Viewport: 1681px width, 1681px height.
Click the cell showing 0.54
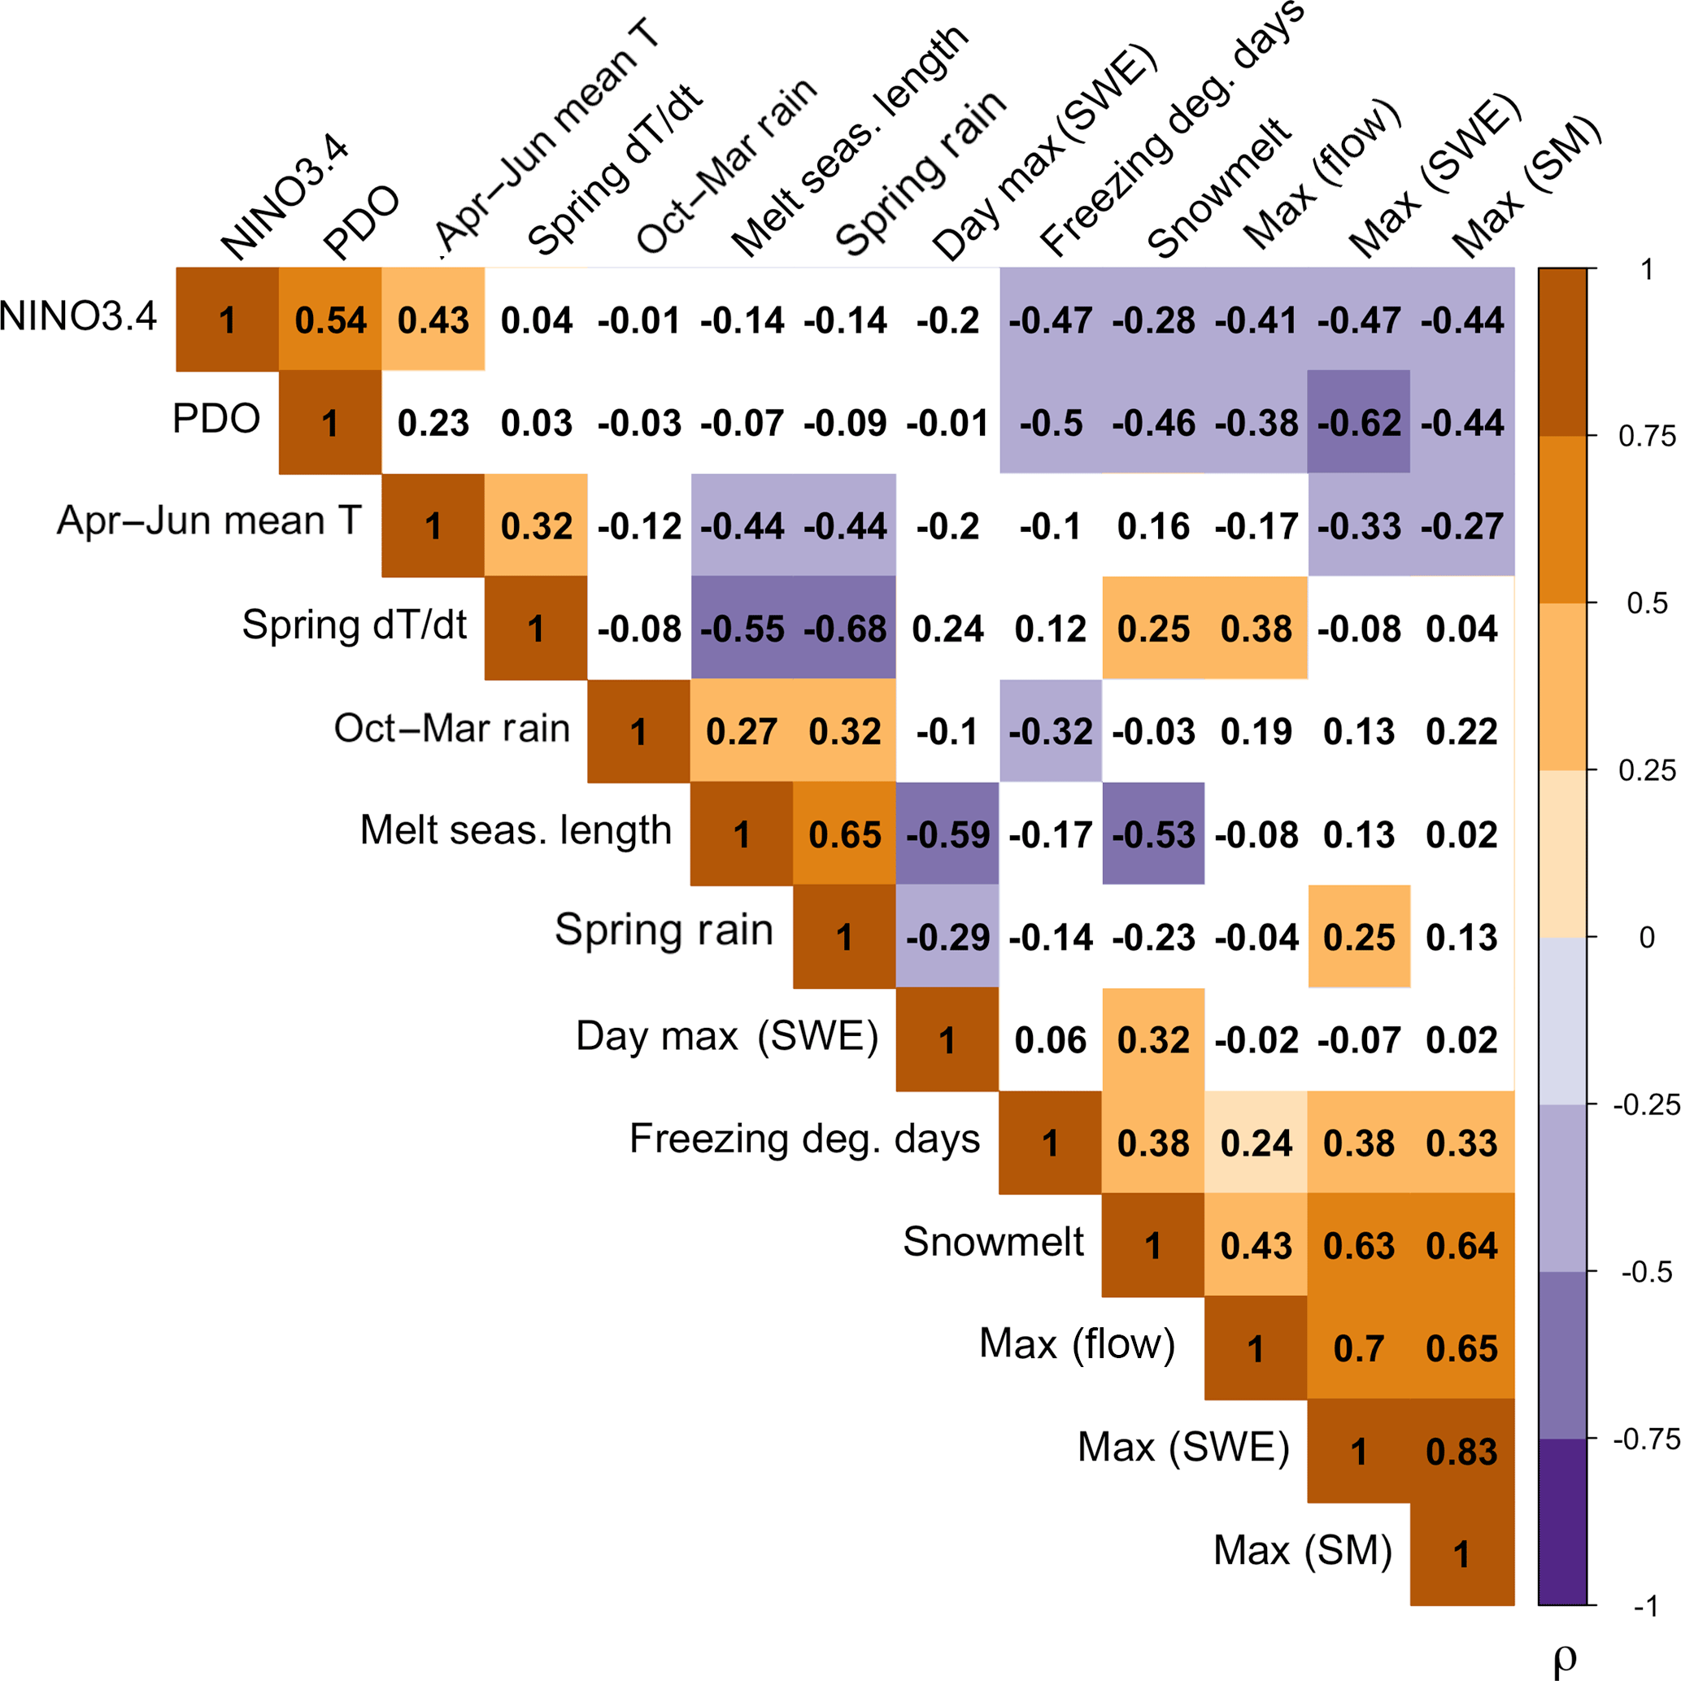pos(331,320)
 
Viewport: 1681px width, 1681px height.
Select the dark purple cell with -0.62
pos(1359,423)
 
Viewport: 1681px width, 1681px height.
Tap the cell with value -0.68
pos(845,628)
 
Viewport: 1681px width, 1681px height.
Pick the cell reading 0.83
pos(1461,1452)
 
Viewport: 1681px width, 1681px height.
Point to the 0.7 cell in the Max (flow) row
pos(1359,1348)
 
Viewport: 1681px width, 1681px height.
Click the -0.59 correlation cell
pos(947,834)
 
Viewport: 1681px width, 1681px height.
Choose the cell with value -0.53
pos(1154,834)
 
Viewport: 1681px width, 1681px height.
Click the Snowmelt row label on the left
pos(993,1242)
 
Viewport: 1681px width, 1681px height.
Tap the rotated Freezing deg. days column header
pos(1170,130)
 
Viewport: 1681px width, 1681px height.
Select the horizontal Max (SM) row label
pos(1303,1549)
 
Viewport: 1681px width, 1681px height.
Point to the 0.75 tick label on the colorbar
pos(1646,436)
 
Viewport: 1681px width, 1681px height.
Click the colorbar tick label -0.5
pos(1646,1272)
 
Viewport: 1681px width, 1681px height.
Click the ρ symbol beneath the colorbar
pos(1564,1658)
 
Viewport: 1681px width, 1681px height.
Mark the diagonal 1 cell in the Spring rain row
pos(845,937)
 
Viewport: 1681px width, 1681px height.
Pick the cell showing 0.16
pos(1154,525)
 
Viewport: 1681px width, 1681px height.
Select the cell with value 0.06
pos(1050,1040)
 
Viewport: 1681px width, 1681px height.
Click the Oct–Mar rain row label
pos(451,728)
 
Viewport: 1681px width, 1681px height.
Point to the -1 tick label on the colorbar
pos(1646,1606)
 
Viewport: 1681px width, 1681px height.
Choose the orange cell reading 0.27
pos(743,731)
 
